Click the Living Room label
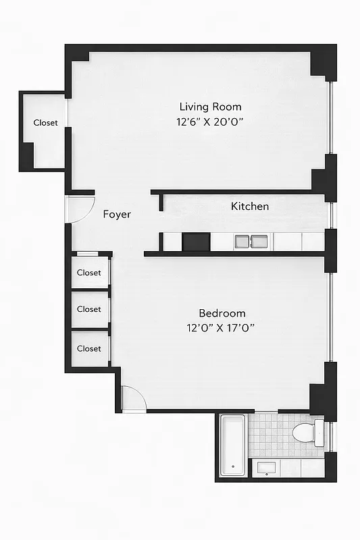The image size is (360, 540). tap(210, 107)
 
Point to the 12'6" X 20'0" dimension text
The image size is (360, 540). tap(210, 123)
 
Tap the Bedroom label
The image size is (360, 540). tap(222, 313)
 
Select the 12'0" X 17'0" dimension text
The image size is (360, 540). tap(222, 329)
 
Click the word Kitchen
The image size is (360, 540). tap(250, 207)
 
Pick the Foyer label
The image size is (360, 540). tap(117, 215)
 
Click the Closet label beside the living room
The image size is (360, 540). tap(45, 123)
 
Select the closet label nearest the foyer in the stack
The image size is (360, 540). tap(88, 273)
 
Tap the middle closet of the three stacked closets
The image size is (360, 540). tap(88, 309)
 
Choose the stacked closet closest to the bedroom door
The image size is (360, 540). tap(88, 348)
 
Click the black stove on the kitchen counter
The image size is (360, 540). tap(196, 241)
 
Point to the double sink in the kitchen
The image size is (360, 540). tap(251, 241)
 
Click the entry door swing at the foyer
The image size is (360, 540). tap(80, 209)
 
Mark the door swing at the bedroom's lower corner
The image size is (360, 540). tap(134, 398)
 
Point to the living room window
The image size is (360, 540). tap(330, 118)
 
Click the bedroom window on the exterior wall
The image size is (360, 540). tap(330, 317)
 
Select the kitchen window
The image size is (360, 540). tap(330, 215)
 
